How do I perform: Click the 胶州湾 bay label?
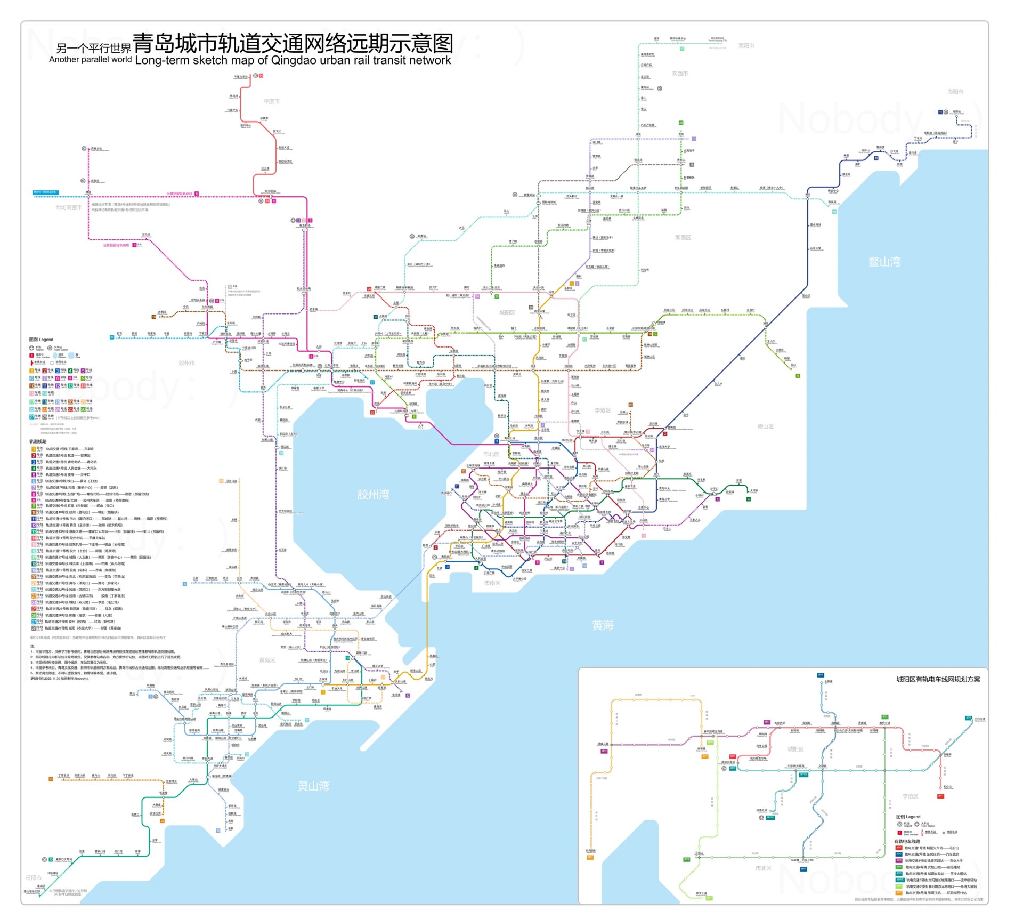click(x=373, y=495)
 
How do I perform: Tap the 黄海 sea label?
click(x=603, y=625)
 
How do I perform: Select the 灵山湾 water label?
click(x=313, y=786)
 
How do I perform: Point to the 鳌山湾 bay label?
click(x=884, y=262)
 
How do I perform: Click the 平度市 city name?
click(x=271, y=101)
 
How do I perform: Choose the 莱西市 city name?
click(x=680, y=74)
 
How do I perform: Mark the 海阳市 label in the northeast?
click(x=955, y=92)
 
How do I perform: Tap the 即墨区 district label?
click(x=683, y=238)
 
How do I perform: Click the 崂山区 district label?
click(x=765, y=426)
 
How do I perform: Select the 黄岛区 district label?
click(x=267, y=660)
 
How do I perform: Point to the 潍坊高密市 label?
click(x=69, y=207)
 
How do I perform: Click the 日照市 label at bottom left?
click(x=34, y=877)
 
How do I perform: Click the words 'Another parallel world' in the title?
click(x=90, y=60)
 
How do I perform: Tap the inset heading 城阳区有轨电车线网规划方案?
click(x=938, y=679)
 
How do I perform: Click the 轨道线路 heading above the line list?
click(x=38, y=441)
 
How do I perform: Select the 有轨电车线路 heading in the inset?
click(x=907, y=841)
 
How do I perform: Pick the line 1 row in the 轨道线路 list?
click(x=64, y=449)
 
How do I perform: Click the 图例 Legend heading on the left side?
click(x=41, y=340)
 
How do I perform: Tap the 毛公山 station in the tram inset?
click(x=947, y=787)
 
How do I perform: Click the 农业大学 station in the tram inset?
click(x=780, y=723)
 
